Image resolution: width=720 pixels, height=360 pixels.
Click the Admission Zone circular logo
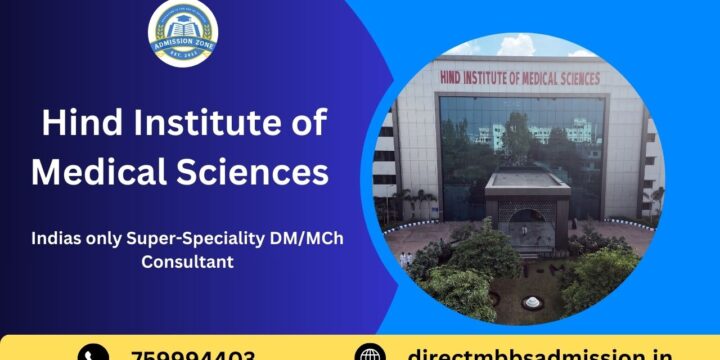coord(185,34)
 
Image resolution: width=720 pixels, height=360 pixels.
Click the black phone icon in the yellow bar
coord(92,353)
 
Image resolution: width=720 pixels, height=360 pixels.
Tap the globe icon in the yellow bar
coord(371,353)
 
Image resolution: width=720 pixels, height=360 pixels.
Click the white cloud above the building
coord(521,46)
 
